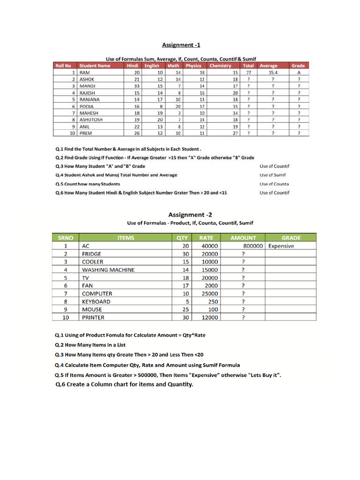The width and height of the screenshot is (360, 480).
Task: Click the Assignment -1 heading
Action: (x=181, y=45)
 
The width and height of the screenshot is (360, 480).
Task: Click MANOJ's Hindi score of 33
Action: (x=136, y=86)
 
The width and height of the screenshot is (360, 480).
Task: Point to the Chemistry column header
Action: (x=220, y=66)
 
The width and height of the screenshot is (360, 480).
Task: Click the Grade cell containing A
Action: (x=298, y=73)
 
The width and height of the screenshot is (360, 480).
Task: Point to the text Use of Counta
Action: (x=274, y=184)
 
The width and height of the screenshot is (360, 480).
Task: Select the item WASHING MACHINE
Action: (x=108, y=270)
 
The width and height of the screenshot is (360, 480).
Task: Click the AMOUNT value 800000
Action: (x=254, y=246)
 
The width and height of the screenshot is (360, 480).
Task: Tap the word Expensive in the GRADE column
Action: (x=281, y=246)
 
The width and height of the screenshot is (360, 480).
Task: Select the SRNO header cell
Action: (x=65, y=238)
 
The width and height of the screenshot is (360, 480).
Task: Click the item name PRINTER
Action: (x=93, y=317)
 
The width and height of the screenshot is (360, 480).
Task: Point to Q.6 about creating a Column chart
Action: (x=124, y=385)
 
